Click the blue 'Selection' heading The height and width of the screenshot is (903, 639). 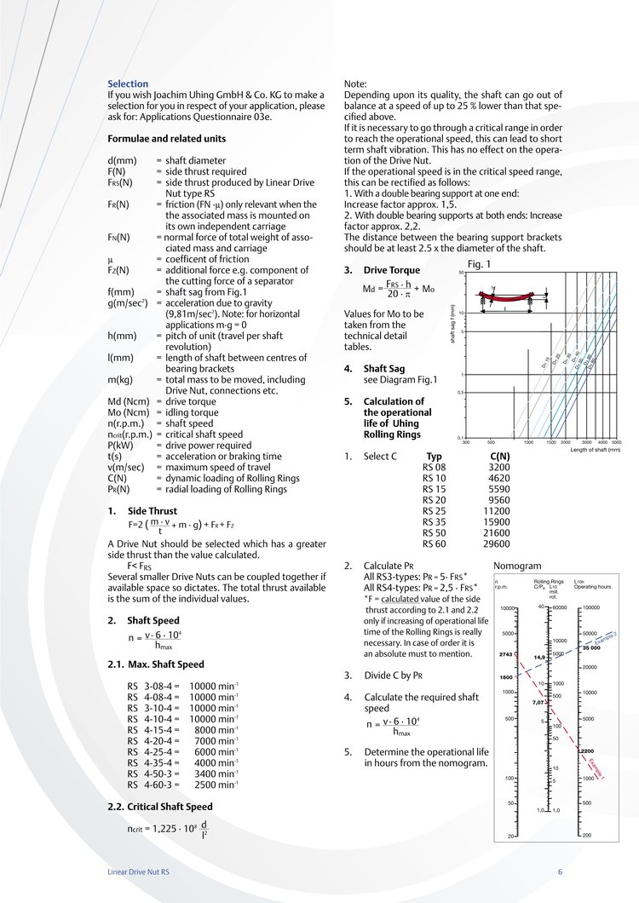(x=128, y=83)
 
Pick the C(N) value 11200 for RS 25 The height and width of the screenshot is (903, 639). (x=495, y=511)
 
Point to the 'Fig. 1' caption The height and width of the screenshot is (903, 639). (x=481, y=264)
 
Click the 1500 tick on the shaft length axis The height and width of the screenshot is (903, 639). (x=551, y=443)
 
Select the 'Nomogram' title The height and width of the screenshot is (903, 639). (x=517, y=566)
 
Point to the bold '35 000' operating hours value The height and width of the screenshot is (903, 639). (x=593, y=648)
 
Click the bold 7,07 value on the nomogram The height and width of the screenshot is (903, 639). (x=538, y=703)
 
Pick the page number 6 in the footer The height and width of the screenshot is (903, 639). (x=561, y=872)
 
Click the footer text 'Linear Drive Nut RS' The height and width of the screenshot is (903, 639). (x=138, y=872)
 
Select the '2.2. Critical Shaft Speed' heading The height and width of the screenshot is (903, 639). (x=159, y=806)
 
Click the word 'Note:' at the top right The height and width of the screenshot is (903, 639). (x=354, y=83)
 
